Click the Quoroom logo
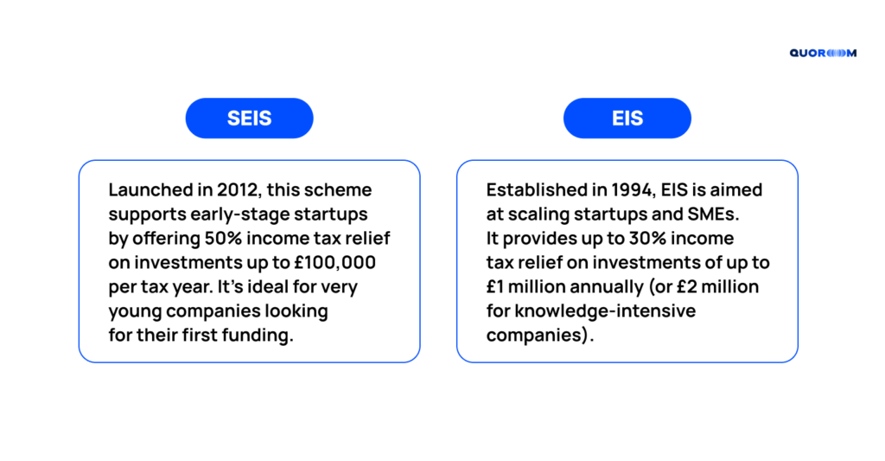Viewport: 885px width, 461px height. tap(823, 53)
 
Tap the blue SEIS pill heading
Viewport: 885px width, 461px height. tap(250, 118)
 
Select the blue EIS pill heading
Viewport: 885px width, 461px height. tap(627, 118)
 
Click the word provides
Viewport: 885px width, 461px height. tap(539, 239)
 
